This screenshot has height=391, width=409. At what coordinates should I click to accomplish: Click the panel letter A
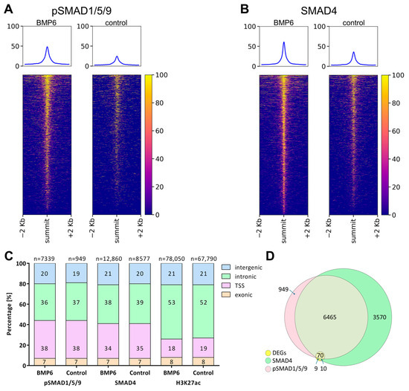click(8, 10)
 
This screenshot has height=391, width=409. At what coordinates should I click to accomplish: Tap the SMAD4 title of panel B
click(318, 11)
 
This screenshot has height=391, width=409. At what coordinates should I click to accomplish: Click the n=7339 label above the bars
click(45, 259)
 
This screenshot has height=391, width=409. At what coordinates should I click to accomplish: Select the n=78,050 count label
click(172, 259)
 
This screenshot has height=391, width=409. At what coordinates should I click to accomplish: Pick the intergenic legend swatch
click(226, 267)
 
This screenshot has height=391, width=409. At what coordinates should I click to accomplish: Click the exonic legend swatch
click(226, 295)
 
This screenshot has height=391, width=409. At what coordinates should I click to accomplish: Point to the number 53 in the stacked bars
click(172, 303)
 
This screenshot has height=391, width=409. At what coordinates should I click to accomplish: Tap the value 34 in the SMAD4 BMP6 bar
click(108, 349)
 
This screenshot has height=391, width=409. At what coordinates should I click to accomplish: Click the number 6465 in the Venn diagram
click(329, 317)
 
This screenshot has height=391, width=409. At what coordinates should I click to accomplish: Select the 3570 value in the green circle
click(379, 317)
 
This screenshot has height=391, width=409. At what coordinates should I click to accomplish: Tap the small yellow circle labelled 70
click(320, 355)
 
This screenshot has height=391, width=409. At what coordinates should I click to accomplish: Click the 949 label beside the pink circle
click(283, 289)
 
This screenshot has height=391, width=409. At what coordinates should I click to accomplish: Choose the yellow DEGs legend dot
click(268, 353)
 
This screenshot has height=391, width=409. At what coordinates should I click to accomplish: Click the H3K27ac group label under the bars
click(188, 383)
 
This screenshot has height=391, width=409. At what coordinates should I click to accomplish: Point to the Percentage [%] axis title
click(9, 314)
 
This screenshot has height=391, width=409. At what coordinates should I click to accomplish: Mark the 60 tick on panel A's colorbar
click(159, 131)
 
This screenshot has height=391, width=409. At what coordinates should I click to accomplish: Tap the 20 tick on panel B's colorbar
click(396, 187)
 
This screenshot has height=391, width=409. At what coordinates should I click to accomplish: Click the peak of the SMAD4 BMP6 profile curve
click(284, 42)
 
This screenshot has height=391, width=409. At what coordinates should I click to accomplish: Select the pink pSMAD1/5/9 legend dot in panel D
click(268, 369)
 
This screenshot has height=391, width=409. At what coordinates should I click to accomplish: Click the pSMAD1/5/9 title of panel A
click(82, 11)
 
